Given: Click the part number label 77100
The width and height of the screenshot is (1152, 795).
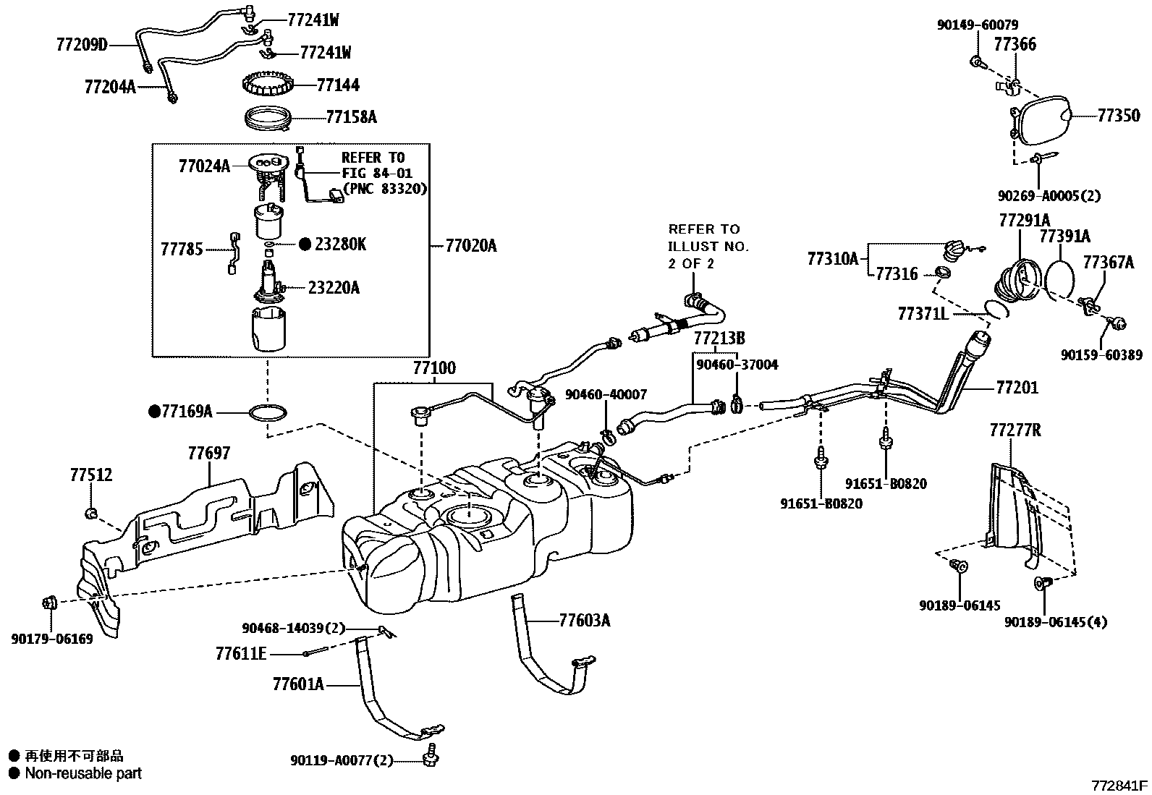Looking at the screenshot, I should [434, 368].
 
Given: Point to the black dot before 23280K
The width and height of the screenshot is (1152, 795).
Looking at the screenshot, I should [305, 245].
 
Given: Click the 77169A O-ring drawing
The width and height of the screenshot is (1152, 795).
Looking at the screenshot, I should [268, 414].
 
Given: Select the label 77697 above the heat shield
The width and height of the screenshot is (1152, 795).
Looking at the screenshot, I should [208, 454].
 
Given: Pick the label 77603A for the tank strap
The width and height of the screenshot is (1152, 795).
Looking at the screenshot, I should [584, 621].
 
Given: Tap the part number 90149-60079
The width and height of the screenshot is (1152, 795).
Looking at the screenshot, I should [977, 25].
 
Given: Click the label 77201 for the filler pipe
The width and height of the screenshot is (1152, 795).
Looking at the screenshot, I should [1017, 388].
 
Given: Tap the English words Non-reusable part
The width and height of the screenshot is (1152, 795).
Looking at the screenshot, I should [83, 773].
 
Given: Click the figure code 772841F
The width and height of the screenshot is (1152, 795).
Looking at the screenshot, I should [1119, 785].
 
